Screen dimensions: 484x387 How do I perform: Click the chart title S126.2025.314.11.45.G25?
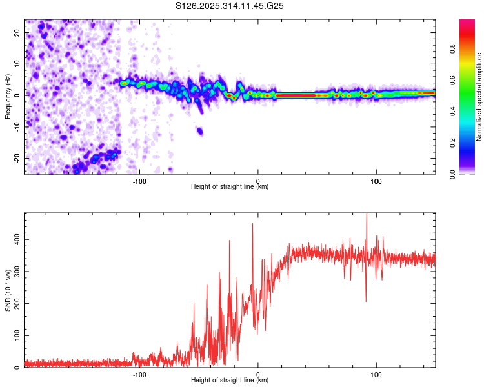coord(229,6)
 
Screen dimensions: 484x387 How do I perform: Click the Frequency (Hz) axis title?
coord(8,97)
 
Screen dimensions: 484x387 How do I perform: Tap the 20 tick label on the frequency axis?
coord(17,32)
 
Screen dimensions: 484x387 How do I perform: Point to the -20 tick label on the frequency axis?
coord(17,159)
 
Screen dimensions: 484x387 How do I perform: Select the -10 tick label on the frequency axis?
coord(17,127)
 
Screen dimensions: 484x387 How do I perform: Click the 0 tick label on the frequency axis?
coord(17,95)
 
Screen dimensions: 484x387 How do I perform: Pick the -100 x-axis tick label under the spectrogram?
coord(139,181)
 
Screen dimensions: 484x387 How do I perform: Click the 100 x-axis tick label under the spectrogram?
coord(376,181)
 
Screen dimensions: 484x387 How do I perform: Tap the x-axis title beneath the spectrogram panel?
coord(230,186)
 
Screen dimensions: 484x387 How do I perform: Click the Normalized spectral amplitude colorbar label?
coord(479,97)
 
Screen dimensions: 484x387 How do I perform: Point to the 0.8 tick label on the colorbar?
coord(452,49)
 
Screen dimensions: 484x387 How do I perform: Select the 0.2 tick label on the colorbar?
coord(452,143)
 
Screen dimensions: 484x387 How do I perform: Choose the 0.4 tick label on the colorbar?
coord(452,112)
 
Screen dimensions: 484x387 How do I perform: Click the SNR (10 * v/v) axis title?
coord(8,290)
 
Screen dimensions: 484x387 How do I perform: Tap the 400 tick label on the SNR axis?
coord(17,239)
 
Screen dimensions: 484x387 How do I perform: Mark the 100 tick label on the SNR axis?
coord(17,335)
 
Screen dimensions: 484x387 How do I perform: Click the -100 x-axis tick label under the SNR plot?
coord(139,375)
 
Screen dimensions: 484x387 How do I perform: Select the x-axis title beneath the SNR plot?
coord(230,380)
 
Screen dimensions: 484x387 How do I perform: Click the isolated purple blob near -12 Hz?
coord(200,131)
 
